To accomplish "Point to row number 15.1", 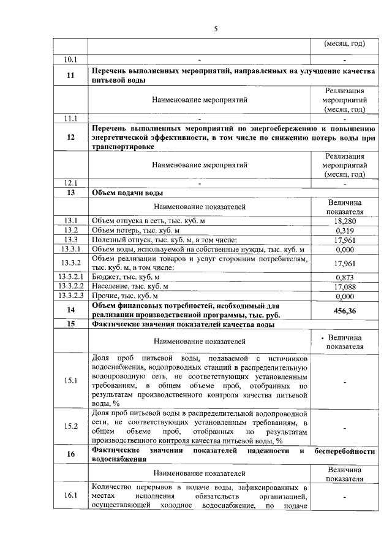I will pyautogui.click(x=70, y=381).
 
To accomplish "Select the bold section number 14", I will pyautogui.click(x=70, y=310).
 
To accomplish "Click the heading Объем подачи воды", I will pyautogui.click(x=127, y=193).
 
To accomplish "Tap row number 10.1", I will pyautogui.click(x=70, y=59).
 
